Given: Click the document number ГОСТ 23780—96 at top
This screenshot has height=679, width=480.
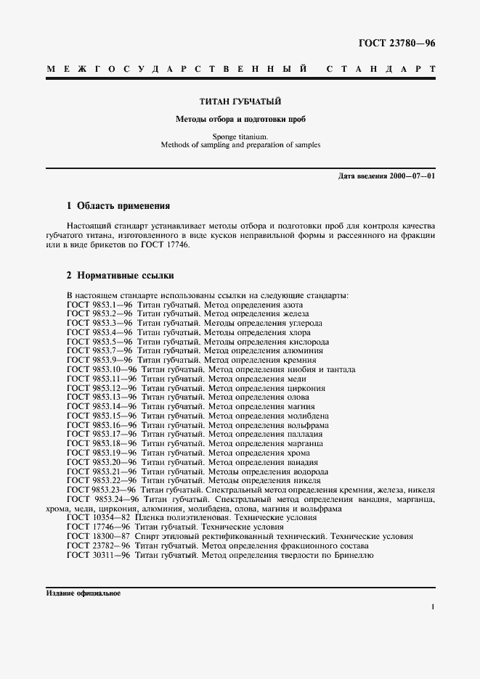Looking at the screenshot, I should coord(396,43).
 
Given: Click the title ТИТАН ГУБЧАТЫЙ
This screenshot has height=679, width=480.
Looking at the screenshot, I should coord(240,102).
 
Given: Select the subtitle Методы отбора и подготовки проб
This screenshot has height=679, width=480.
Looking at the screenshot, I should coord(240,118).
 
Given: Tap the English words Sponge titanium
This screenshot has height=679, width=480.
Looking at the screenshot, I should coord(240,136).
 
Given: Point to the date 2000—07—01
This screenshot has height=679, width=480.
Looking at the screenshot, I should coord(411,176).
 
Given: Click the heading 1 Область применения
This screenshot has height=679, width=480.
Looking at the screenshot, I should coord(118,206).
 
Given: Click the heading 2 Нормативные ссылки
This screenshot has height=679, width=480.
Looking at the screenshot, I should coord(120,276).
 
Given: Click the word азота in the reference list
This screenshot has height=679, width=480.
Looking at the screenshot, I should coord(298,305).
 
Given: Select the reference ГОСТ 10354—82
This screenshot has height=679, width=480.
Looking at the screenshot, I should coord(99,518).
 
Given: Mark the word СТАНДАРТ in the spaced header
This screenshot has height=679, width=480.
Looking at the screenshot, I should coord(381,70).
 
